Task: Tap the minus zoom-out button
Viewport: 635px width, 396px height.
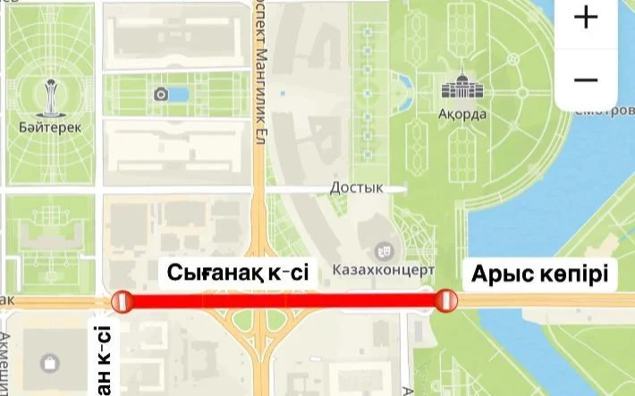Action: point(586,80)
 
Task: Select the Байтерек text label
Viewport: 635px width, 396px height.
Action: point(49,127)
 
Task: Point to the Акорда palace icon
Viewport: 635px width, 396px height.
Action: point(461,88)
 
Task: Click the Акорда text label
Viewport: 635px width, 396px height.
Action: point(462,114)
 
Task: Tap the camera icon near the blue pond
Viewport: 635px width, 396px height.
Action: point(161,94)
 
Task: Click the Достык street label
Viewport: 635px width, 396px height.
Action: point(356,188)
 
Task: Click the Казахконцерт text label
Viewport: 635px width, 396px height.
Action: point(383,269)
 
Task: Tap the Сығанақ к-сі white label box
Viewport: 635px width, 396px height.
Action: point(234,273)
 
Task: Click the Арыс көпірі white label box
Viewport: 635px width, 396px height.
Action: point(539,273)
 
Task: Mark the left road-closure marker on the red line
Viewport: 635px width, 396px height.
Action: point(121,302)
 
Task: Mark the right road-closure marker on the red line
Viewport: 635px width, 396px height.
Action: point(444,301)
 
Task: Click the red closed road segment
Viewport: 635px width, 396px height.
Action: point(283,302)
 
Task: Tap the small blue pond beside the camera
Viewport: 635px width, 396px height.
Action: point(179,94)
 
